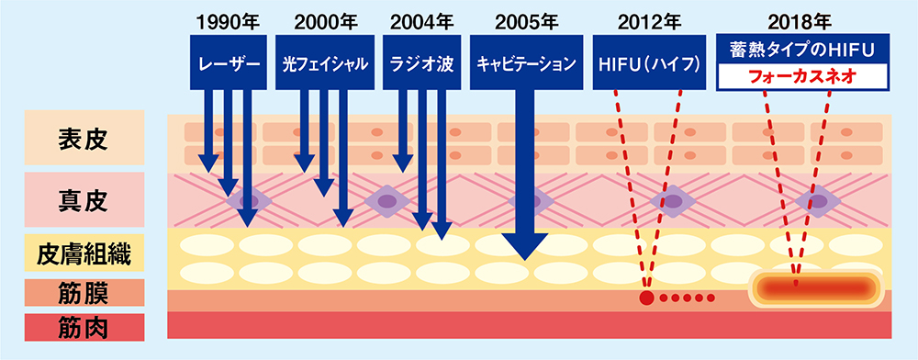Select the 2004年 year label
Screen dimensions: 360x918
(420, 18)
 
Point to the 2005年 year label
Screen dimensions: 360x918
(525, 18)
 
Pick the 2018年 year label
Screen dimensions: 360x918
(797, 18)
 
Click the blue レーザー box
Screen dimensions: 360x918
(227, 63)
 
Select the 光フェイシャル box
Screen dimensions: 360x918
(326, 63)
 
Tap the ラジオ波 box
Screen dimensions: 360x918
(420, 63)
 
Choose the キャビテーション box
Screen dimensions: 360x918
(525, 63)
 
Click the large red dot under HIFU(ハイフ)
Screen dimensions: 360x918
(646, 298)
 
